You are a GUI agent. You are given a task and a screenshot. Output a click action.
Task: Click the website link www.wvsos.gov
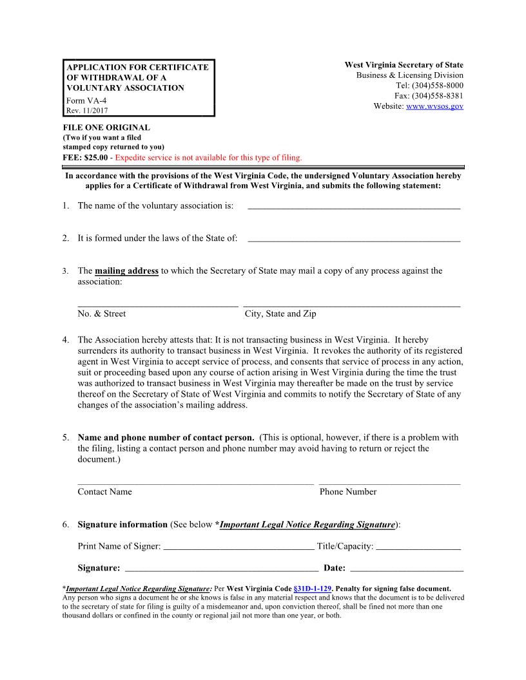tap(434, 106)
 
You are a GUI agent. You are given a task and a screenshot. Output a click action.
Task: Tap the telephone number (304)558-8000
tap(437, 86)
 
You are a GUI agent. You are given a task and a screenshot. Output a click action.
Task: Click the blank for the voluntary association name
tap(354, 206)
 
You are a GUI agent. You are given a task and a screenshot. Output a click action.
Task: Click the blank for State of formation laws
tap(354, 238)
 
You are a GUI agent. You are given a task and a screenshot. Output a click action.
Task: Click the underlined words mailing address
tap(127, 271)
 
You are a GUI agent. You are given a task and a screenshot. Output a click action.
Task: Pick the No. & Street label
tap(102, 314)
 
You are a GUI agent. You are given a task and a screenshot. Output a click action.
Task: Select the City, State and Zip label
tap(280, 314)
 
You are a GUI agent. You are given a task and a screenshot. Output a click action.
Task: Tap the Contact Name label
tap(104, 492)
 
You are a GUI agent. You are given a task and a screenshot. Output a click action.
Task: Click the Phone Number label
tap(348, 492)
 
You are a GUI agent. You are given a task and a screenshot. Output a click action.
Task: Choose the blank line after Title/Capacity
tap(418, 547)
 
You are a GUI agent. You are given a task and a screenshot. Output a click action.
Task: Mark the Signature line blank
tap(221, 568)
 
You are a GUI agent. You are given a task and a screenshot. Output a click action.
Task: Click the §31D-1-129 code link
tap(312, 589)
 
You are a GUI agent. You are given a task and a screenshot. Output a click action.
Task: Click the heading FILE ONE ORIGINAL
tap(106, 127)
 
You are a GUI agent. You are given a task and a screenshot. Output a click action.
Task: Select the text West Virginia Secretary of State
tap(404, 65)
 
